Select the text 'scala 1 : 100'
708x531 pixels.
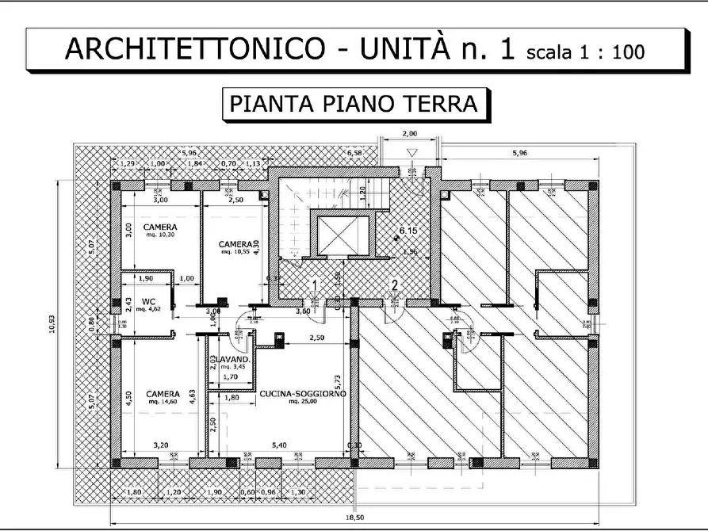tap(584, 52)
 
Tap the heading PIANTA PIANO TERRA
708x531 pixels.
tap(353, 105)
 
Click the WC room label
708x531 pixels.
tap(148, 302)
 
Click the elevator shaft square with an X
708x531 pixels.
tap(343, 235)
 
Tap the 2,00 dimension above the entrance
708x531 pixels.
tap(409, 133)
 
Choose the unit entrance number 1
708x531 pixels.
tap(315, 285)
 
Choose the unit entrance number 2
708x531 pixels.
tap(394, 285)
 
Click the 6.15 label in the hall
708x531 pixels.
tap(408, 231)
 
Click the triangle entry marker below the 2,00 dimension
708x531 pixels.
tap(410, 153)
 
